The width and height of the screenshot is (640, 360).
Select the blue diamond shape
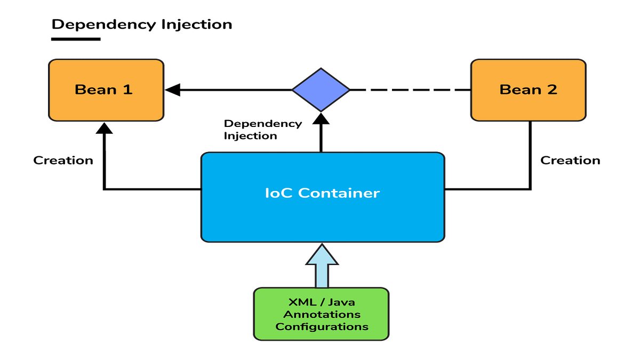pyautogui.click(x=321, y=90)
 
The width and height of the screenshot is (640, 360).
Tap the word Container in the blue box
pyautogui.click(x=338, y=193)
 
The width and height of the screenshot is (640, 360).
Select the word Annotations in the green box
pyautogui.click(x=322, y=314)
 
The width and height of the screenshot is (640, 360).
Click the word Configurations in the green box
pyautogui.click(x=322, y=326)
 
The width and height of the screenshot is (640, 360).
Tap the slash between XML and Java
pyautogui.click(x=319, y=302)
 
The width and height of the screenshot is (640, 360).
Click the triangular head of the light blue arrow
pyautogui.click(x=322, y=257)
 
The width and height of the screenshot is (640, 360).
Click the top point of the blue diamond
pyautogui.click(x=321, y=69)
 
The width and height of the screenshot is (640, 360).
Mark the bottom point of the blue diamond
pyautogui.click(x=321, y=110)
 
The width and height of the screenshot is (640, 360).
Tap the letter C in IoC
pyautogui.click(x=289, y=193)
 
